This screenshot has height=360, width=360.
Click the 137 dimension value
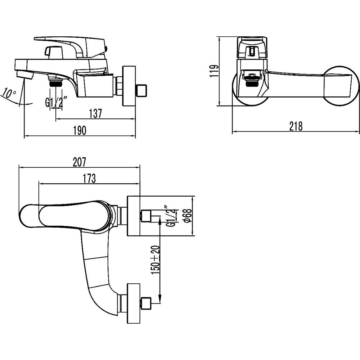95,114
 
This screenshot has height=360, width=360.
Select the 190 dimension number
80,130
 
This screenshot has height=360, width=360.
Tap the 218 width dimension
296,126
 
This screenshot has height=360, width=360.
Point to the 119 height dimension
214,71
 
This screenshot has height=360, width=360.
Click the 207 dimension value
80,162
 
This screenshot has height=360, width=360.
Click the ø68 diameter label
188,216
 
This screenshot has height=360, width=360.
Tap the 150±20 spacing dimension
155,260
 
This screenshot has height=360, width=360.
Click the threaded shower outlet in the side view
55,81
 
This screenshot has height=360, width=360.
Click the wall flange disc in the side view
129,86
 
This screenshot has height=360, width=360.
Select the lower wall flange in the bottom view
134,303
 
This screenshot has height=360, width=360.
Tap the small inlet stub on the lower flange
146,303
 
